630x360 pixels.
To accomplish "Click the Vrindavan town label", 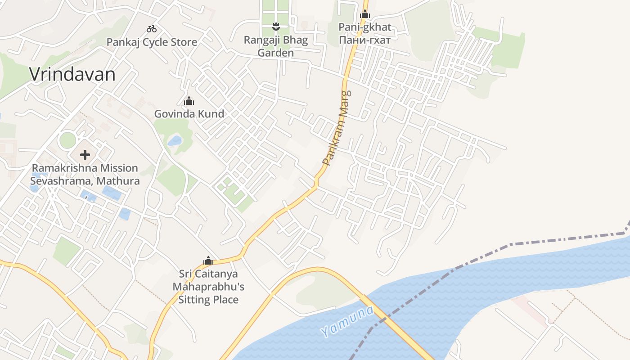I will (72, 74).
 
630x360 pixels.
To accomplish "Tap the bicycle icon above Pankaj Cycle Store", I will (152, 29).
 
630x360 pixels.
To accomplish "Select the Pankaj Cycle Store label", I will (152, 42).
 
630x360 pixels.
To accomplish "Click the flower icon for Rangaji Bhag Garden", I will (276, 27).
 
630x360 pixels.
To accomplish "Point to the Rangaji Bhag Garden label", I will (276, 46).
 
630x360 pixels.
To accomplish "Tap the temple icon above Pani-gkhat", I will (365, 14).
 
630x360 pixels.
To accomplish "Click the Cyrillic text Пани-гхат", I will (365, 39).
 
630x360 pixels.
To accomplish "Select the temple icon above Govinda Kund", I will (189, 101).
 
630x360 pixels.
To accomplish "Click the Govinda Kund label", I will (189, 114).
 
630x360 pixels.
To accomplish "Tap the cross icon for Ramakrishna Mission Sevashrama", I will (85, 155).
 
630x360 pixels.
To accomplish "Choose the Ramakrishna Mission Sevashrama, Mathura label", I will (85, 175).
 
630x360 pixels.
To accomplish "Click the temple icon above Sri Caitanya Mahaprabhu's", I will (208, 261).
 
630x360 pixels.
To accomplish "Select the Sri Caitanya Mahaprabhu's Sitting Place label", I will (208, 287).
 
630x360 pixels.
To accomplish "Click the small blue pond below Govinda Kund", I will (175, 141).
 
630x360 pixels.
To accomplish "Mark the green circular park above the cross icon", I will (67, 140).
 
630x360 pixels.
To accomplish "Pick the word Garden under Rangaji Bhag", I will (275, 53).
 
